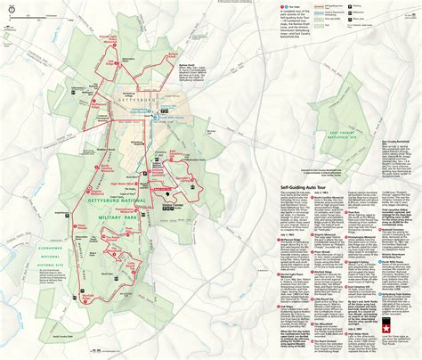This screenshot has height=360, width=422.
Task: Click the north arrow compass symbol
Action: [x=12, y=12]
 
